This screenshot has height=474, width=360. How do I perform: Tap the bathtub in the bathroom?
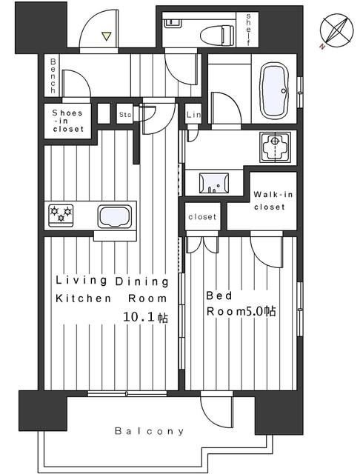pyautogui.click(x=274, y=91)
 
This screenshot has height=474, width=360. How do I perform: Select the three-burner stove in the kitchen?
pyautogui.click(x=61, y=215)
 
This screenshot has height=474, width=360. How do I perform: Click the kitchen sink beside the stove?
pyautogui.click(x=115, y=216)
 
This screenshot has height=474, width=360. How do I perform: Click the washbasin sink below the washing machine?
pyautogui.click(x=213, y=183)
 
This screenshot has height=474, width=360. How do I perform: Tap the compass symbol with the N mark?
pyautogui.click(x=336, y=33)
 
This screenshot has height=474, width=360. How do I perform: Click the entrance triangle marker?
pyautogui.click(x=106, y=36)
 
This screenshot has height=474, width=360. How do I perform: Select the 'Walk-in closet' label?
pyautogui.click(x=270, y=201)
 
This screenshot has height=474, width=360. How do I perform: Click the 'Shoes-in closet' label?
pyautogui.click(x=67, y=121)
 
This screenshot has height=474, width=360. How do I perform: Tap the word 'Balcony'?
pyautogui.click(x=150, y=431)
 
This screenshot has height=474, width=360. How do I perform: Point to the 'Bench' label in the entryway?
pyautogui.click(x=53, y=76)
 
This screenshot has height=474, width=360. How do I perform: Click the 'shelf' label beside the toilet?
pyautogui.click(x=248, y=30)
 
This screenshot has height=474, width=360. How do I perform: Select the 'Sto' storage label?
pyautogui.click(x=125, y=115)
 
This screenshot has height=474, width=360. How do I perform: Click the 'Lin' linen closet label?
pyautogui.click(x=193, y=115)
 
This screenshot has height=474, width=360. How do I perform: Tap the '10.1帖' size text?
pyautogui.click(x=146, y=317)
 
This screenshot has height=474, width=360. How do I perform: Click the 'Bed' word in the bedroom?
pyautogui.click(x=219, y=296)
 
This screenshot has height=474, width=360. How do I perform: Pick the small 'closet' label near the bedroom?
pyautogui.click(x=202, y=217)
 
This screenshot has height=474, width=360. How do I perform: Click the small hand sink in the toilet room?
pyautogui.click(x=173, y=22)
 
